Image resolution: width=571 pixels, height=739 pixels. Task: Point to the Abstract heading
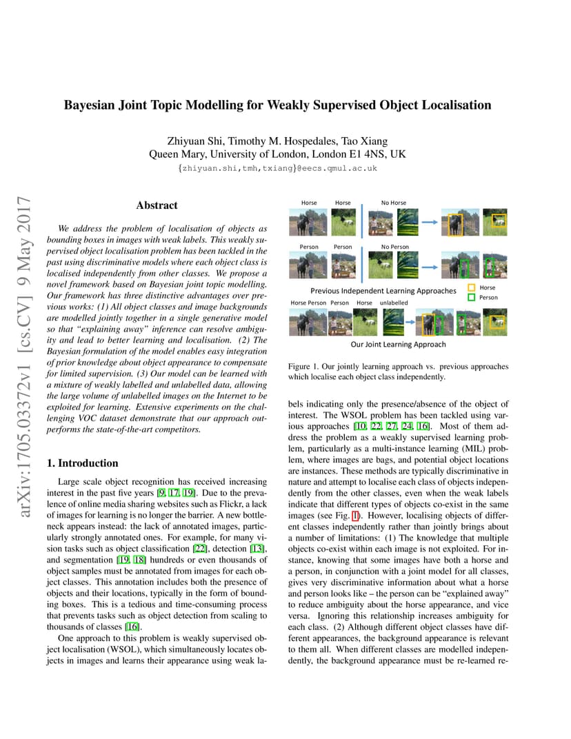click(157, 205)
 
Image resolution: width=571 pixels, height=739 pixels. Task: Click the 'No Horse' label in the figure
click(394, 203)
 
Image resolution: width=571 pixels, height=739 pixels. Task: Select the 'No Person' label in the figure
click(394, 247)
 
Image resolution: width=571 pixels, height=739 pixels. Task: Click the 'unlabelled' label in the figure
click(394, 303)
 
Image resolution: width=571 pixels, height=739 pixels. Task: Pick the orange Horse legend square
click(472, 287)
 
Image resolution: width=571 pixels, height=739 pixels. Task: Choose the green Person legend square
click(472, 298)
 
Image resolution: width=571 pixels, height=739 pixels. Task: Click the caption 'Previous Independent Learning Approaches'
click(383, 291)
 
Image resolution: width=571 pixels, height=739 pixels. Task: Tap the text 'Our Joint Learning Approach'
click(398, 344)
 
